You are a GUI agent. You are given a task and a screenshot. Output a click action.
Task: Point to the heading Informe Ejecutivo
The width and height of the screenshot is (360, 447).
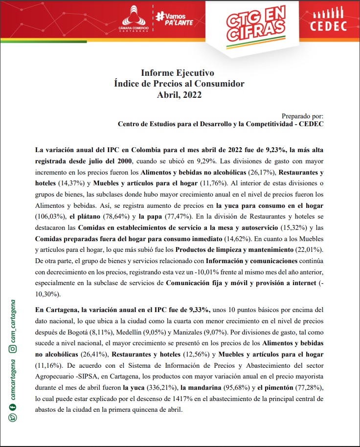point(178,73)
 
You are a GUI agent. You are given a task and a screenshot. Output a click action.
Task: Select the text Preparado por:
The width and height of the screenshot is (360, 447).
point(303,116)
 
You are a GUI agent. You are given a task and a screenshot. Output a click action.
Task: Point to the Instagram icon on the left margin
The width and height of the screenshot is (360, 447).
point(14,349)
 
